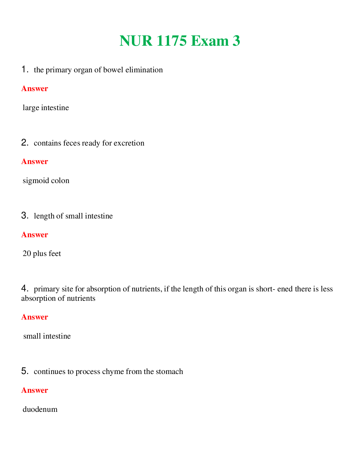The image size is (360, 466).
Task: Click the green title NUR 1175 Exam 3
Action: click(x=180, y=41)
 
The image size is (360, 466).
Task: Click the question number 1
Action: click(x=25, y=70)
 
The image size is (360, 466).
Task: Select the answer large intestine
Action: click(x=46, y=108)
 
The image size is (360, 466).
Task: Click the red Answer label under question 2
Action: click(x=34, y=162)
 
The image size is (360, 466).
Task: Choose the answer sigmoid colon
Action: click(x=46, y=181)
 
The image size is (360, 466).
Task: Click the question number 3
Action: click(x=25, y=216)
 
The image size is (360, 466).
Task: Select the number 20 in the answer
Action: click(x=27, y=254)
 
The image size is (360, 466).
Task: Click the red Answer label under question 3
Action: click(x=34, y=235)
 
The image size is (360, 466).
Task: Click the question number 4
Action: click(x=25, y=289)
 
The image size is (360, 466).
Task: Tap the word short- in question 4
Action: click(x=265, y=289)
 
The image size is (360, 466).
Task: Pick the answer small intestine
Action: click(x=47, y=336)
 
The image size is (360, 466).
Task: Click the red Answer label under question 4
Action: click(x=34, y=317)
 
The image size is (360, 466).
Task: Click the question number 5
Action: click(x=25, y=371)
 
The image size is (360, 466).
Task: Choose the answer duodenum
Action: click(x=40, y=409)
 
